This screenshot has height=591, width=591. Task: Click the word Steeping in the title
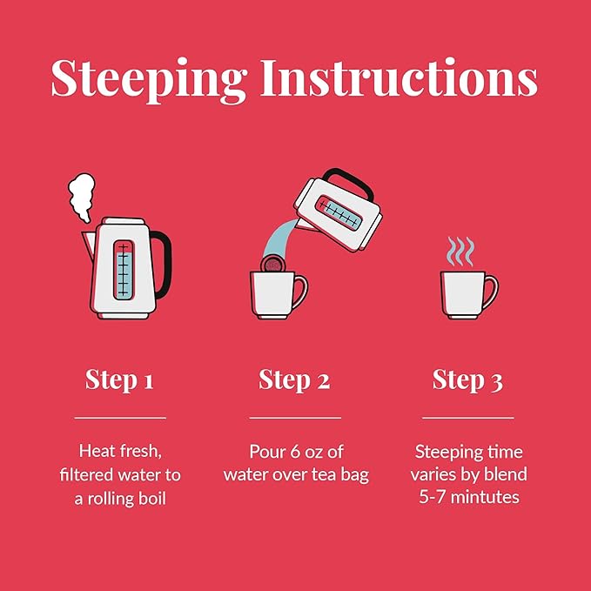[148, 80]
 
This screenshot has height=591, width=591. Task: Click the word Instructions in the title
[400, 77]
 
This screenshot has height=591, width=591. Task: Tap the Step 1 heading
[119, 379]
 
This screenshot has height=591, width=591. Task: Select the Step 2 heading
[294, 379]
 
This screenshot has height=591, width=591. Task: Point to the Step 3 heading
[467, 379]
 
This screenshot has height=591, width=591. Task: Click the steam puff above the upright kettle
[82, 197]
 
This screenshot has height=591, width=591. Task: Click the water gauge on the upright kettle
[124, 270]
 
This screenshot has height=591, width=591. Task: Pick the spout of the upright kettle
[88, 245]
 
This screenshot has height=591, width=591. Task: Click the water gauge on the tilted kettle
[338, 213]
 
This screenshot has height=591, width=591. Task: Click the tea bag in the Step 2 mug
[272, 264]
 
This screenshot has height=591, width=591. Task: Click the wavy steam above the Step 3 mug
[460, 252]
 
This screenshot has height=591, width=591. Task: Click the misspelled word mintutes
[485, 497]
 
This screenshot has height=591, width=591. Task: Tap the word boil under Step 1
[152, 498]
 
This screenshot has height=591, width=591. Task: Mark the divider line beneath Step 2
[295, 418]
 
